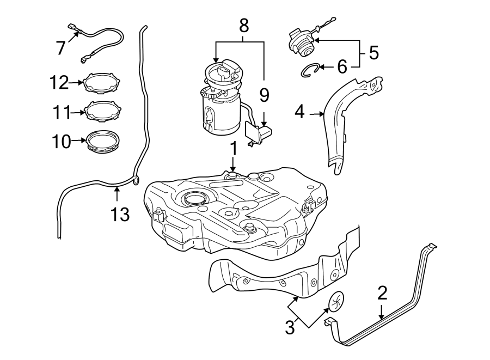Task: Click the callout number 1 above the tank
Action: pyautogui.click(x=233, y=148)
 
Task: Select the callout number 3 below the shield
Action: pyautogui.click(x=290, y=327)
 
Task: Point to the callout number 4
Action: pyautogui.click(x=299, y=113)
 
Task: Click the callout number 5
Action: pyautogui.click(x=373, y=53)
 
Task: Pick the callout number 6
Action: pyautogui.click(x=341, y=67)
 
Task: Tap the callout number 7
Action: pyautogui.click(x=62, y=47)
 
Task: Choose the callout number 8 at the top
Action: pyautogui.click(x=243, y=25)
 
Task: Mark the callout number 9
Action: pyautogui.click(x=264, y=95)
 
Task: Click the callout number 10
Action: pyautogui.click(x=62, y=142)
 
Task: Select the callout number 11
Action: pyautogui.click(x=62, y=113)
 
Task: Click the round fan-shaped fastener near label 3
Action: pyautogui.click(x=336, y=301)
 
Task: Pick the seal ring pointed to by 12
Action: pyautogui.click(x=101, y=83)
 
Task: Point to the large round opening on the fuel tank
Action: pyautogui.click(x=194, y=199)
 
